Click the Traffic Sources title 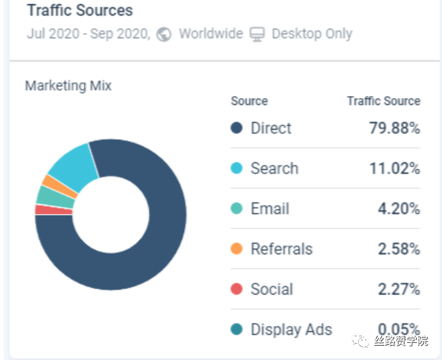click(x=80, y=11)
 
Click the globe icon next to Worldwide click(x=164, y=34)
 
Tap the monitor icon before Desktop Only click(x=256, y=34)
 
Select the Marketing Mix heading click(x=68, y=86)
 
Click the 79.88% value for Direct click(x=394, y=128)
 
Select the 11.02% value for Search click(x=394, y=168)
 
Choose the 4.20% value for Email click(x=398, y=209)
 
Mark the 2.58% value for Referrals click(x=398, y=249)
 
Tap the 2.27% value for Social click(x=398, y=289)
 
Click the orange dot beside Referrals click(x=237, y=249)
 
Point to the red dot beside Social click(x=237, y=289)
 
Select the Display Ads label click(x=291, y=329)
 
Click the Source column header click(x=249, y=101)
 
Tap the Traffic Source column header click(x=383, y=101)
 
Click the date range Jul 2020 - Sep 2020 click(x=88, y=34)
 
